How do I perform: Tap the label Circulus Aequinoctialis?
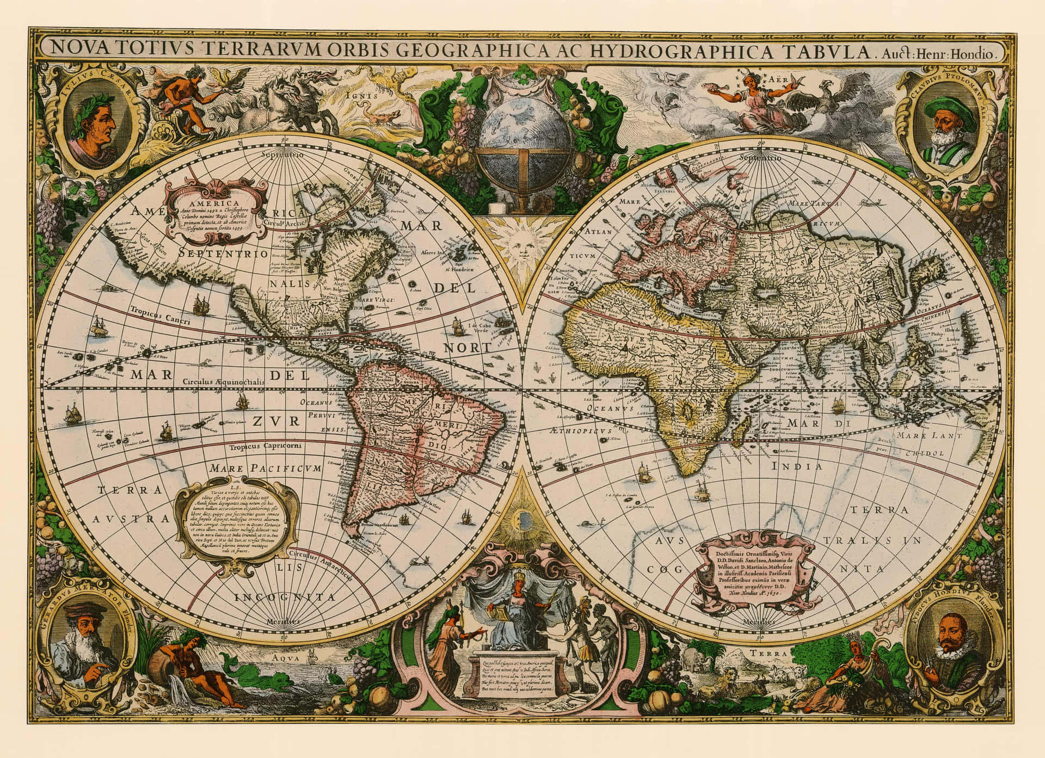click(223, 382)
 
